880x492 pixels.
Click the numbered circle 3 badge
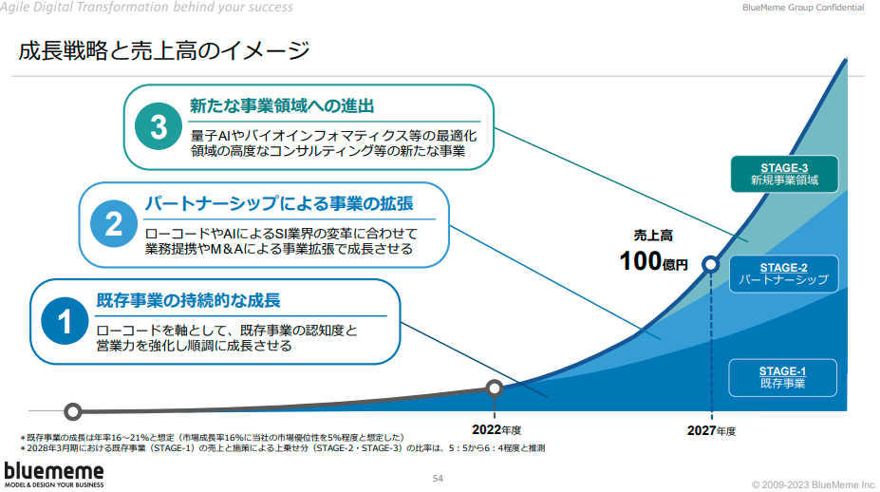click(x=159, y=126)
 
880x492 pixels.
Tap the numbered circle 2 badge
click(x=114, y=223)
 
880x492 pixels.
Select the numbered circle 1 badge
click(x=65, y=321)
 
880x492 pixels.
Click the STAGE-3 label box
click(x=784, y=174)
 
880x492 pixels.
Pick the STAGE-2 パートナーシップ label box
click(x=783, y=274)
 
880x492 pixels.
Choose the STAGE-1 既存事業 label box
click(x=782, y=377)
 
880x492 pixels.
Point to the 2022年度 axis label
click(x=496, y=429)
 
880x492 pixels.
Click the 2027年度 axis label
click(x=711, y=431)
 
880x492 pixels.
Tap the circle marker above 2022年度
click(x=495, y=388)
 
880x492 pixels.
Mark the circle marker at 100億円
click(x=711, y=264)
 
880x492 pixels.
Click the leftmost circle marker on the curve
click(x=72, y=411)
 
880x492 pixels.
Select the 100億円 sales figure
click(x=654, y=261)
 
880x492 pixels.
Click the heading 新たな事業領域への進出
click(x=282, y=105)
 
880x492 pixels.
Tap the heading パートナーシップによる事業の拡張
click(x=279, y=203)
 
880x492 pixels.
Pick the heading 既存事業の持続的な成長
click(x=189, y=300)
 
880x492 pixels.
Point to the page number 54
click(x=438, y=479)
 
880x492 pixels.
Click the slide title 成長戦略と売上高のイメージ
click(x=164, y=50)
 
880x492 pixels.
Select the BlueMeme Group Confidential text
click(x=803, y=8)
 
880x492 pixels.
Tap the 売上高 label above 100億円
click(x=653, y=236)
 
